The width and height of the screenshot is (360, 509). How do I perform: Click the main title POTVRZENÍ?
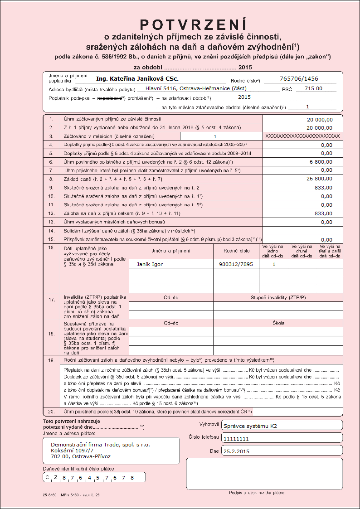[194, 24]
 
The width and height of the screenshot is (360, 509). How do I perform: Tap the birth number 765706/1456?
[300, 79]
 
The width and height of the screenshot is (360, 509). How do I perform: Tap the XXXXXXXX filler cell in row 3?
[302, 136]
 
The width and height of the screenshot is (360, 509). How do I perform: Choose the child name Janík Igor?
[150, 264]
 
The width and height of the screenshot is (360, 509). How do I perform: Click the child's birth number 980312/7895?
[236, 264]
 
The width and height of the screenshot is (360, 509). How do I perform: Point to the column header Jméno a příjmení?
[171, 250]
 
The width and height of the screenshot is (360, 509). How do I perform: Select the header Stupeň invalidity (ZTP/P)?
[278, 297]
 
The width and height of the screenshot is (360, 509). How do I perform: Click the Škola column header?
[278, 323]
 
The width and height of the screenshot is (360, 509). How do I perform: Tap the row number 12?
[51, 213]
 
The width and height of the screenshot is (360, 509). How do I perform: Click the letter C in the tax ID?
[47, 477]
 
